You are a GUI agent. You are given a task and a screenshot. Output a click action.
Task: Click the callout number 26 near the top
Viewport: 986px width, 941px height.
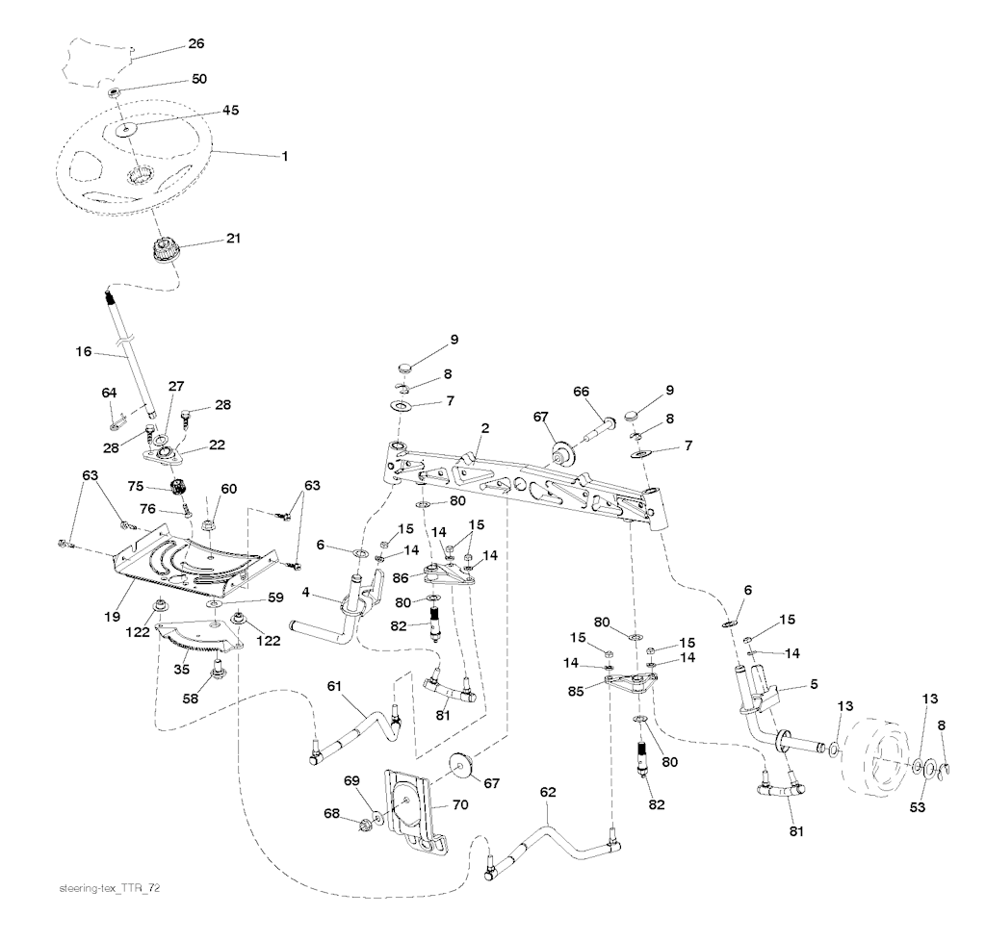(195, 43)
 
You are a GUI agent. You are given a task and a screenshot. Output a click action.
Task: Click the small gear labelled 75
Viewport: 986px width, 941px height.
(177, 486)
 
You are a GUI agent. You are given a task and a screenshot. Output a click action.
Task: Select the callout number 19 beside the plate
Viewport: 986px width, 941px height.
(114, 613)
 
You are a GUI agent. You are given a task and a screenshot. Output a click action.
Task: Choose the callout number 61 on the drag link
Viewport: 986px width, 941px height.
(334, 685)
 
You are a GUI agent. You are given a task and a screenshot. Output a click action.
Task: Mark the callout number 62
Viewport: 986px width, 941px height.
(548, 793)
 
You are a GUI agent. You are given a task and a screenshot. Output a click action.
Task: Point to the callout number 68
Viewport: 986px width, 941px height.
(332, 815)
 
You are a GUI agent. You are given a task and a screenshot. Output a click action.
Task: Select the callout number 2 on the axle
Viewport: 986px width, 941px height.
(486, 426)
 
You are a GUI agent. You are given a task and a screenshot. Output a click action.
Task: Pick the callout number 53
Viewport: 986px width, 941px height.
(918, 807)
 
